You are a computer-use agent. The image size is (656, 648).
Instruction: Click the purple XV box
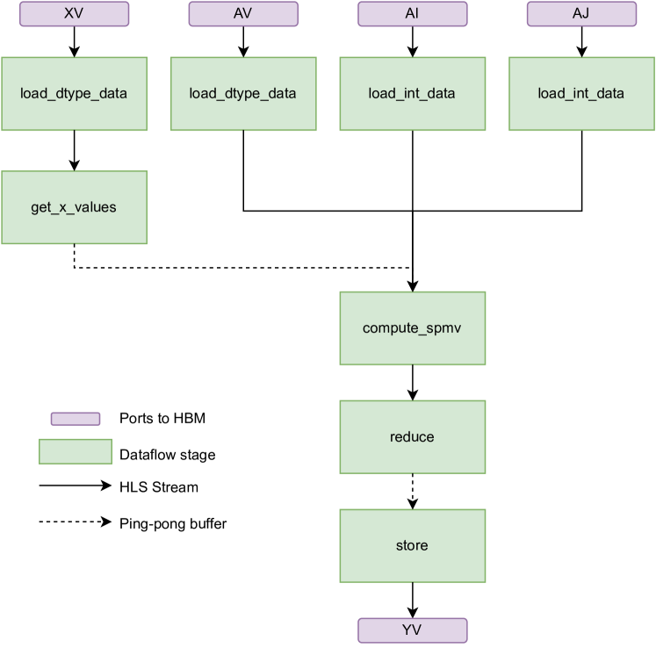74,14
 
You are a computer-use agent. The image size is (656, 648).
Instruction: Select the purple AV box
243,14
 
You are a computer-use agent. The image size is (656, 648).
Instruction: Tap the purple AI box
412,14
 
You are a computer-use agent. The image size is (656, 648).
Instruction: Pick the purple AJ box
581,14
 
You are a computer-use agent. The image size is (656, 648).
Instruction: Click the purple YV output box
412,630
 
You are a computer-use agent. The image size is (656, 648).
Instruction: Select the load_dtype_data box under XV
74,94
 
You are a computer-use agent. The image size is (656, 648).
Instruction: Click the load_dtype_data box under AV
243,94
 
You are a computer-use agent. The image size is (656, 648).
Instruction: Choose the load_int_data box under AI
412,94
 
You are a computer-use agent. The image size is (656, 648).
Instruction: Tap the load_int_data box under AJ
581,94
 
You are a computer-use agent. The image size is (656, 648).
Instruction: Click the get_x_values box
74,207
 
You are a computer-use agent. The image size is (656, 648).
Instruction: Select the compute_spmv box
412,328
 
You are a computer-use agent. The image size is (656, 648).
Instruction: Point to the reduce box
412,437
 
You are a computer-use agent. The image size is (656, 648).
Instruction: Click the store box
412,545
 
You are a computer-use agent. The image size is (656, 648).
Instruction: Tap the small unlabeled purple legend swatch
76,419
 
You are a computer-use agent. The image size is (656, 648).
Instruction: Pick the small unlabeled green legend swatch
76,451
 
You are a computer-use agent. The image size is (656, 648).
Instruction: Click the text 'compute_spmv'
412,328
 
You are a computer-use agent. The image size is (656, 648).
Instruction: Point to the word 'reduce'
412,437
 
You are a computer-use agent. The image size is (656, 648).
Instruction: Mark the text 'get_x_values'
74,208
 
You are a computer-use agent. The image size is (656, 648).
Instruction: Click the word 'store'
412,545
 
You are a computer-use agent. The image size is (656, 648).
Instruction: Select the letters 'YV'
412,630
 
